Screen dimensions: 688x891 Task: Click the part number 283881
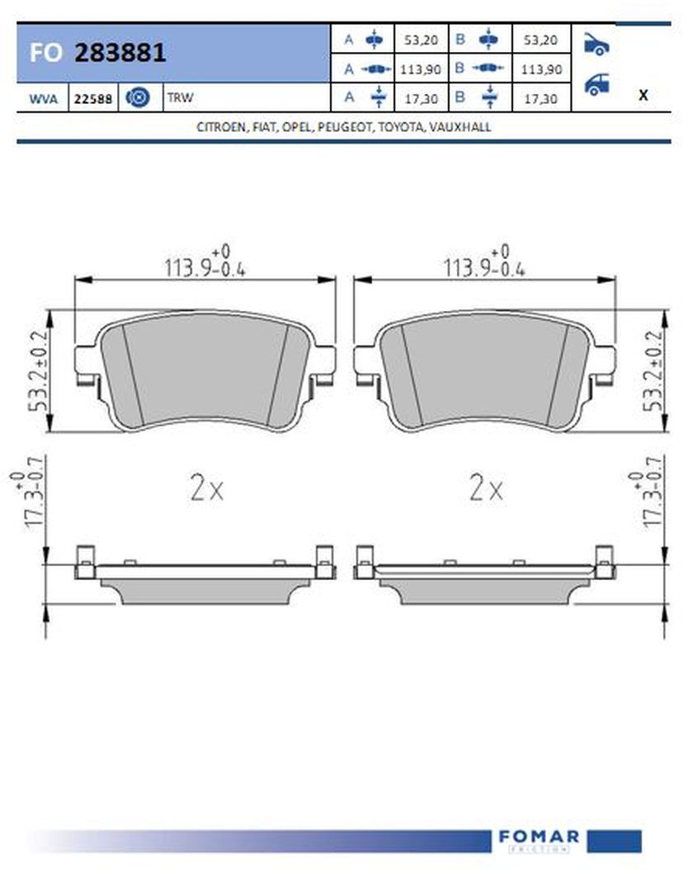pos(120,53)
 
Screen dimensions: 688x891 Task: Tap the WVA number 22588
pos(93,99)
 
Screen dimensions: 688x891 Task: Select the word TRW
pos(180,97)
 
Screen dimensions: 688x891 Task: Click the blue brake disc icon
pos(138,97)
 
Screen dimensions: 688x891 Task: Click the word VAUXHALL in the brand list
pos(460,127)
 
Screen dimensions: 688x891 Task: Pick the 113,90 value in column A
pos(421,69)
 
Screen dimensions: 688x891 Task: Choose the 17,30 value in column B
pos(540,99)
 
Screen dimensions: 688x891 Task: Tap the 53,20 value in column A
pos(421,40)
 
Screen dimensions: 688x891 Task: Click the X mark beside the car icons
pos(643,95)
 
